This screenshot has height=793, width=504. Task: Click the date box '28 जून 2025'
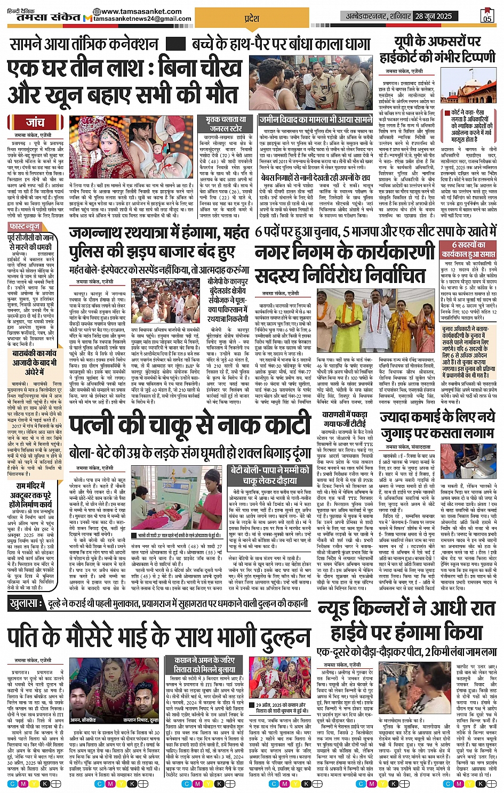point(434,16)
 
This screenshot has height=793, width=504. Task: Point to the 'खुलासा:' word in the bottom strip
point(26,604)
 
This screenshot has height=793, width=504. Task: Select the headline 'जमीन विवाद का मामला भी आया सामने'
point(316,120)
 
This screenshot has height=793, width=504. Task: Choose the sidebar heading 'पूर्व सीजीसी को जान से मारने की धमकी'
point(32,242)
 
